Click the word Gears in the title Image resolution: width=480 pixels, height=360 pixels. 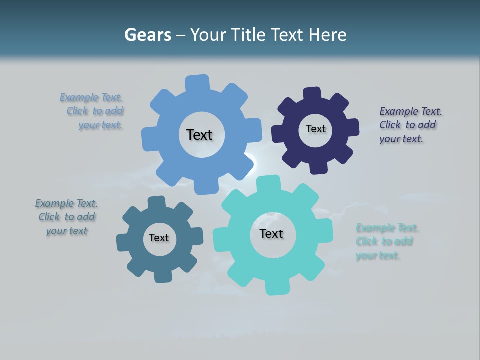point(147,35)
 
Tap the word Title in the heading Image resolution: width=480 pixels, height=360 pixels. point(249,35)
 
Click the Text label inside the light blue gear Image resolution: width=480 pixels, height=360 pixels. point(199,135)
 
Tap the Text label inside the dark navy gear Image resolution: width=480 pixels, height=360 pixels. point(315,129)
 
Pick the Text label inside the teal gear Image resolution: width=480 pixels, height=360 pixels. point(271,233)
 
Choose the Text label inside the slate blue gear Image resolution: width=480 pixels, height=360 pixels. point(158,238)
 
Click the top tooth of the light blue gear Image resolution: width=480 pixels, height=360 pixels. point(197,82)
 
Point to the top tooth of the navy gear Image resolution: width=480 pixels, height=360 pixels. point(312,93)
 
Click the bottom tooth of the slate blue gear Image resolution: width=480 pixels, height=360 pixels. point(162,275)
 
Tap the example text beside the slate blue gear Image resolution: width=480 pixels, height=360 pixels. point(67,217)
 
